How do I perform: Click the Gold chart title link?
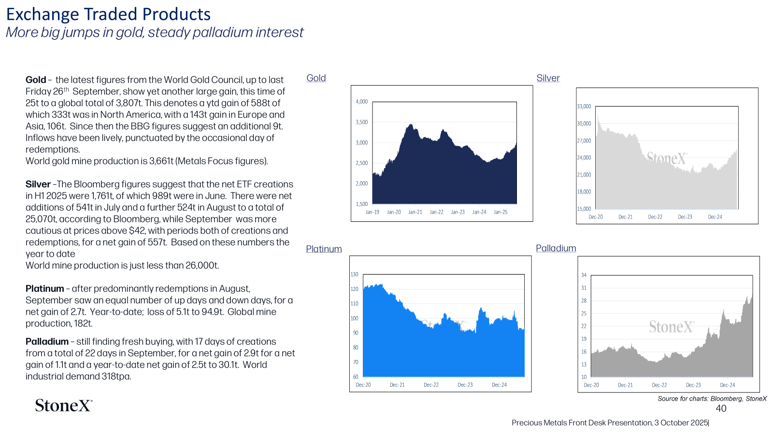click(x=316, y=78)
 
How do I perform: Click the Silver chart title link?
click(x=548, y=78)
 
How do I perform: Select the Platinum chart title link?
click(x=324, y=249)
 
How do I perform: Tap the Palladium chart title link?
click(x=556, y=248)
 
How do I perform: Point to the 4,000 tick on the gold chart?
click(x=362, y=101)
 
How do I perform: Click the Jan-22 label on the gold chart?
click(x=437, y=212)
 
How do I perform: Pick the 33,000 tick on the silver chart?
click(x=584, y=106)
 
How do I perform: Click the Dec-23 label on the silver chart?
click(x=685, y=217)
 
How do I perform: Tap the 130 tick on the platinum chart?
click(x=355, y=275)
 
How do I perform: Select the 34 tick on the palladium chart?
click(x=584, y=275)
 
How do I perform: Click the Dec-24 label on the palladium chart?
click(x=728, y=385)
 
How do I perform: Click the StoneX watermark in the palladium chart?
click(x=671, y=327)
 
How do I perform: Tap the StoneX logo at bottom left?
click(x=63, y=406)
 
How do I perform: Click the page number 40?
click(x=721, y=408)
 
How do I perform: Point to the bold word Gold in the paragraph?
click(x=36, y=80)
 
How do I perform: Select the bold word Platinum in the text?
click(x=45, y=289)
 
